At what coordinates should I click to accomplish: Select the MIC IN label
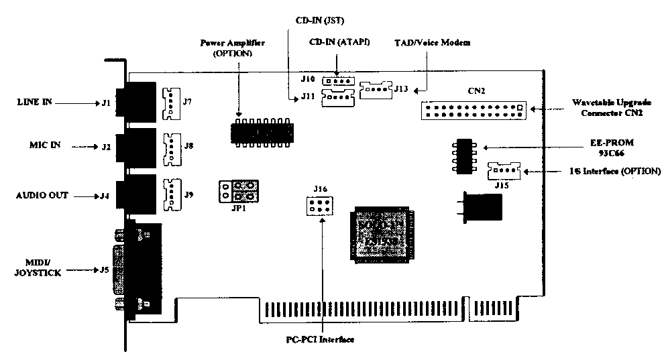pyautogui.click(x=35, y=145)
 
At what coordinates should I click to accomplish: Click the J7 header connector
pyautogui.click(x=172, y=103)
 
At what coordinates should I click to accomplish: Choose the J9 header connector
pyautogui.click(x=172, y=192)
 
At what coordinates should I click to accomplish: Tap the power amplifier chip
pyautogui.click(x=263, y=132)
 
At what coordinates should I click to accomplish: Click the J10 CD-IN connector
pyautogui.click(x=337, y=81)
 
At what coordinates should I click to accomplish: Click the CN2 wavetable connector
pyautogui.click(x=474, y=110)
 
